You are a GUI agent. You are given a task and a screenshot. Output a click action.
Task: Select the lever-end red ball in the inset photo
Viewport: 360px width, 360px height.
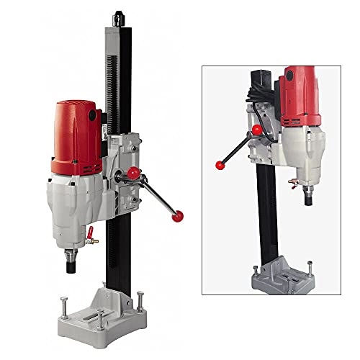(x=218, y=165)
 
